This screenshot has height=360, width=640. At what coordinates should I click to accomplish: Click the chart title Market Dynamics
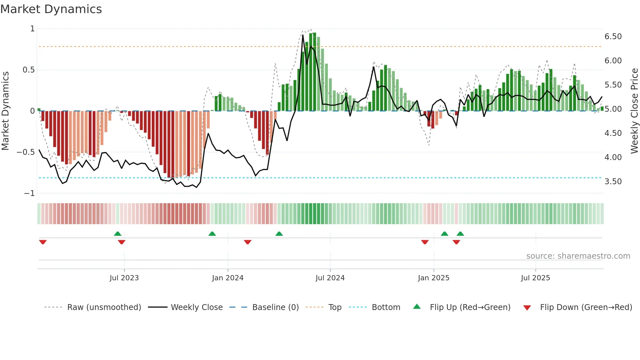click(x=51, y=9)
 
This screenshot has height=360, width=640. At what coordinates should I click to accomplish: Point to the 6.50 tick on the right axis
click(x=613, y=37)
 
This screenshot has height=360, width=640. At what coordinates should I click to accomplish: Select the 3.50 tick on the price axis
click(x=613, y=182)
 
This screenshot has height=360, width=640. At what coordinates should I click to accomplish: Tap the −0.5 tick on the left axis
click(x=26, y=152)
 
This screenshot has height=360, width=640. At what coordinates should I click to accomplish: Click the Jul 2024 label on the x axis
click(x=330, y=278)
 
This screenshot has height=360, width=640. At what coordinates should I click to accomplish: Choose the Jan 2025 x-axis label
click(x=433, y=278)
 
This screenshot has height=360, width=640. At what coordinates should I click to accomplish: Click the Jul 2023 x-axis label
click(x=124, y=278)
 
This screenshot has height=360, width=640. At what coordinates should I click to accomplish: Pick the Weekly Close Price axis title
click(x=634, y=111)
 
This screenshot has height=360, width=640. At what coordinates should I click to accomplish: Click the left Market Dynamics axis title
click(x=5, y=111)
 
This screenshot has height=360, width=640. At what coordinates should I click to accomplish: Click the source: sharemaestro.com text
click(x=578, y=256)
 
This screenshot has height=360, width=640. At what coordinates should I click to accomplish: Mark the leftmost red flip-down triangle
click(x=43, y=242)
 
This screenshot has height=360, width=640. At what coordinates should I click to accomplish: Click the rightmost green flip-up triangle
click(x=460, y=234)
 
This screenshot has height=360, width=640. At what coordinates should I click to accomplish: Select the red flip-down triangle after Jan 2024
click(x=248, y=242)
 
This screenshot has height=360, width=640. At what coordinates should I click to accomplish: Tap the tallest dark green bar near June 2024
click(x=314, y=72)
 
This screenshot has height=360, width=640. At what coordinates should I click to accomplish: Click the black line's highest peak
click(x=303, y=35)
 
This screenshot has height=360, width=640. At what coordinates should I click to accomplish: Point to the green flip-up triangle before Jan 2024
click(x=212, y=234)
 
